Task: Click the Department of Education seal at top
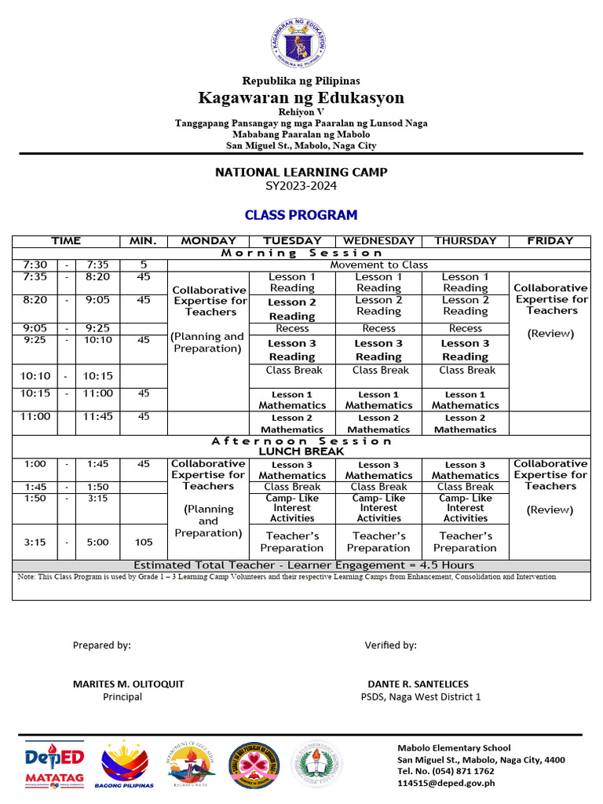point(301,42)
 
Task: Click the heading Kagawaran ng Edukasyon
point(301,97)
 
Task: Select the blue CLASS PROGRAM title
point(301,215)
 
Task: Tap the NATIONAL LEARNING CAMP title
point(301,172)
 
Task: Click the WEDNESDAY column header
point(378,241)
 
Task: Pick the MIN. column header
point(143,241)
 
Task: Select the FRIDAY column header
point(550,241)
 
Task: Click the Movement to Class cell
point(378,265)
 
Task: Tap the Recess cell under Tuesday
point(292,328)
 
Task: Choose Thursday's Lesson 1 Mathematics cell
point(465,400)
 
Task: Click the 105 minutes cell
point(143,542)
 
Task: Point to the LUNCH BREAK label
point(301,452)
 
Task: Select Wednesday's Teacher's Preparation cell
point(378,542)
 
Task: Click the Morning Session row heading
point(301,253)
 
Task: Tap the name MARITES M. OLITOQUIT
point(129,684)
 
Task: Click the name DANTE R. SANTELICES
point(418,684)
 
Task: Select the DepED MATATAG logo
point(54,764)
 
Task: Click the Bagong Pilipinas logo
point(124,764)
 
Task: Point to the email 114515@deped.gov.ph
point(446,783)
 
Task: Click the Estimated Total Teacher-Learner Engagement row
point(303,565)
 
